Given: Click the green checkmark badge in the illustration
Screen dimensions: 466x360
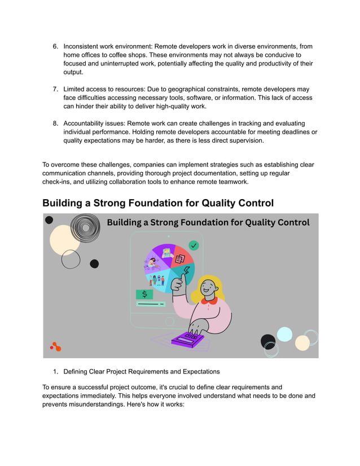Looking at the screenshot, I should [x=194, y=245].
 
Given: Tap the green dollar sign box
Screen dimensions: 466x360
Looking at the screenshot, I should [x=144, y=294].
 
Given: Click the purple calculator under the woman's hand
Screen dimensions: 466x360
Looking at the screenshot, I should [x=187, y=338].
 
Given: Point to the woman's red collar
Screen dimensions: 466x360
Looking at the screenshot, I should [x=209, y=301].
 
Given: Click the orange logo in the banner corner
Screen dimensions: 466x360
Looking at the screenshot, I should [x=55, y=346].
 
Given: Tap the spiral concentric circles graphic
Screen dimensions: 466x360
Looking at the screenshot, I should [x=85, y=228].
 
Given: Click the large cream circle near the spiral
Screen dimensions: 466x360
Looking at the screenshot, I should [x=64, y=240].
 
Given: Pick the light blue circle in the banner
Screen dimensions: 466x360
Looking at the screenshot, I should [x=284, y=334].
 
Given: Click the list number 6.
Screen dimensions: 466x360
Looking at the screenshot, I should [x=55, y=46].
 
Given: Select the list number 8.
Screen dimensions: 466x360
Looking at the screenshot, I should [x=55, y=123].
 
